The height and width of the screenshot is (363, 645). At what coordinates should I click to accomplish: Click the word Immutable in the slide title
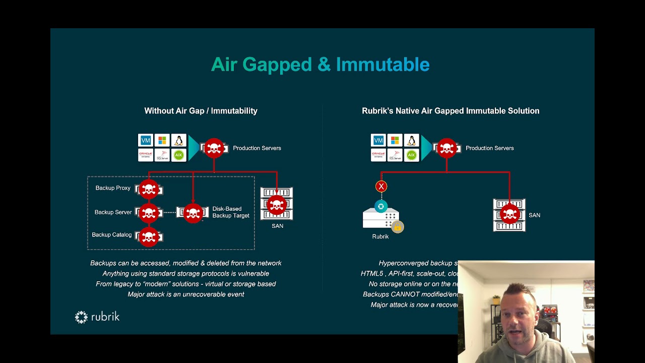(x=382, y=65)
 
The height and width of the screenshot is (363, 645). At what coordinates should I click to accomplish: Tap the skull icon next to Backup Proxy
(x=149, y=189)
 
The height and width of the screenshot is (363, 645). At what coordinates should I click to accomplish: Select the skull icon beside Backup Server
(x=149, y=213)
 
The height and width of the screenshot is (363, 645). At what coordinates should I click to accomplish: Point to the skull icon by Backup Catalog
(x=149, y=236)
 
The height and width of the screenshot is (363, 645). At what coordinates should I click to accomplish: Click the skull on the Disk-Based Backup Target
(x=193, y=213)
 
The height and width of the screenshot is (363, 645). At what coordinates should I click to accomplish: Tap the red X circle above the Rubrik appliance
(x=381, y=187)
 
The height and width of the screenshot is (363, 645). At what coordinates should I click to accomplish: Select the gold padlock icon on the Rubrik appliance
(x=398, y=227)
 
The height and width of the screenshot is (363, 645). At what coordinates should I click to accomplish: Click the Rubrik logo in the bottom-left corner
(x=97, y=317)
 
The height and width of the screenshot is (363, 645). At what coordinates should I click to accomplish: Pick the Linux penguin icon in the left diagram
(x=178, y=141)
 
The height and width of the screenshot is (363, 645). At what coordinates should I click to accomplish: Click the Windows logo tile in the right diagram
(x=395, y=141)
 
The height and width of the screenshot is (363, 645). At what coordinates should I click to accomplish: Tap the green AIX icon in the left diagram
(x=178, y=155)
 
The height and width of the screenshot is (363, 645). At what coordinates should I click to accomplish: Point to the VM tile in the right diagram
(x=378, y=141)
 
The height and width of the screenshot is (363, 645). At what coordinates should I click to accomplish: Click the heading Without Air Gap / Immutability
(x=201, y=111)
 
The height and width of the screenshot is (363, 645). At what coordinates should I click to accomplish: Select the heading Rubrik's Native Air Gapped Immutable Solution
(x=450, y=111)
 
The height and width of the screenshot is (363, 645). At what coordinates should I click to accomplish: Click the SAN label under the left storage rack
(x=277, y=226)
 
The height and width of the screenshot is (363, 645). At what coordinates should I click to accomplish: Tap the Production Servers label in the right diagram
(x=489, y=148)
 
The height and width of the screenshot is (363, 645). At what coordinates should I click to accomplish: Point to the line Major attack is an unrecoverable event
(x=185, y=294)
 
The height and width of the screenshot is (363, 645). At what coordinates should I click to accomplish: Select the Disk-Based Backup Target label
(x=230, y=212)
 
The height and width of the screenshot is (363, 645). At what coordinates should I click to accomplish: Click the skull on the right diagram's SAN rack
(x=509, y=214)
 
